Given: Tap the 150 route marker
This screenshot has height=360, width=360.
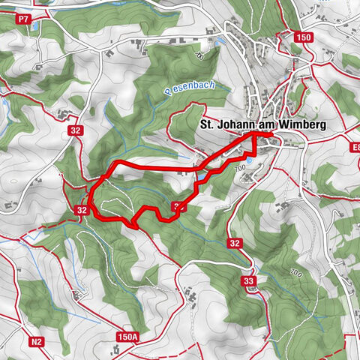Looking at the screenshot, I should pos(302,37).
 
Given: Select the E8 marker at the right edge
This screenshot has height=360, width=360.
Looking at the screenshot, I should pos(355,147).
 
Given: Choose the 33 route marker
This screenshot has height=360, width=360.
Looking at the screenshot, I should pos(248,280).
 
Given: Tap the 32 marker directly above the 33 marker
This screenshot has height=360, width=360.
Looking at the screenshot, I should pos(235,242).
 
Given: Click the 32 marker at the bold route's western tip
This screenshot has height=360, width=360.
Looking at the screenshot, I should pos(82,211).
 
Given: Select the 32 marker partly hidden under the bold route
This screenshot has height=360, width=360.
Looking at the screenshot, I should pos(178,206).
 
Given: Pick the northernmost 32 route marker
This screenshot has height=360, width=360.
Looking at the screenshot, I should pos(76,129).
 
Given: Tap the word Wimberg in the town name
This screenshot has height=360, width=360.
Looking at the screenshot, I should pos(300,125).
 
